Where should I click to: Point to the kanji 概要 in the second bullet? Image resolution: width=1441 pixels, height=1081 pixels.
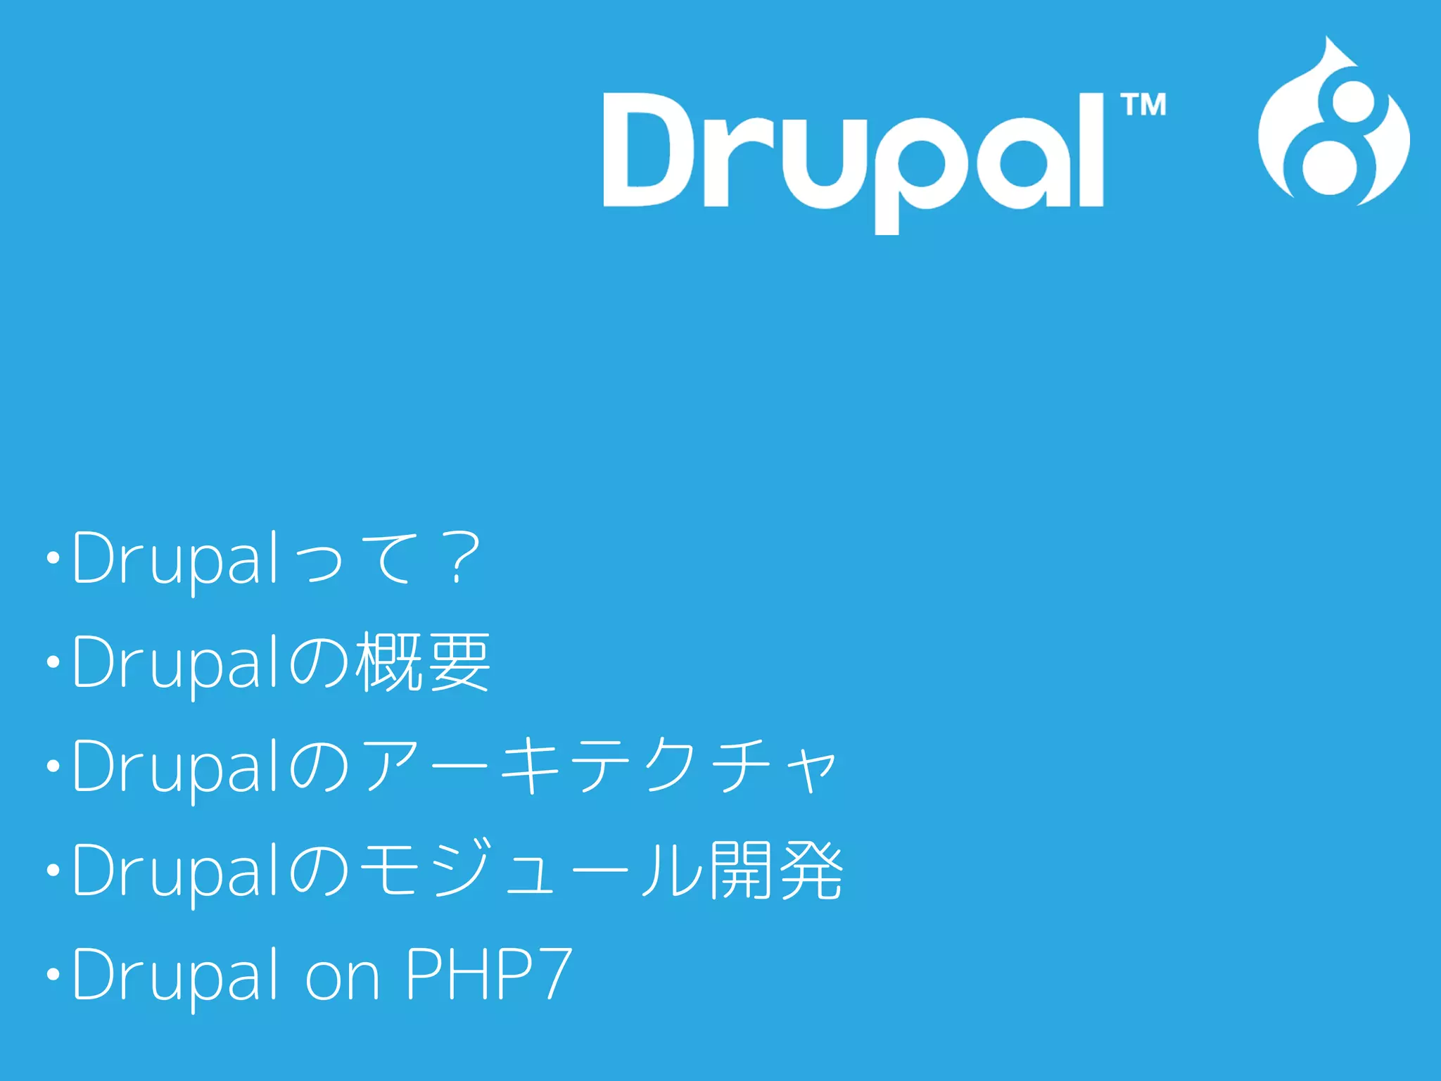(422, 662)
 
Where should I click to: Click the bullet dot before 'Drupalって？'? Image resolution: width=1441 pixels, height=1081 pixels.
(53, 559)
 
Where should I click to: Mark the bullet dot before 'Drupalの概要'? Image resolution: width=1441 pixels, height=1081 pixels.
(53, 662)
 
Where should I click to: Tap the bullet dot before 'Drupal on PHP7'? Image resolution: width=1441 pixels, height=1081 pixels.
(53, 975)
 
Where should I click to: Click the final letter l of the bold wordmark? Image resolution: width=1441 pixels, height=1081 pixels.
(1092, 150)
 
